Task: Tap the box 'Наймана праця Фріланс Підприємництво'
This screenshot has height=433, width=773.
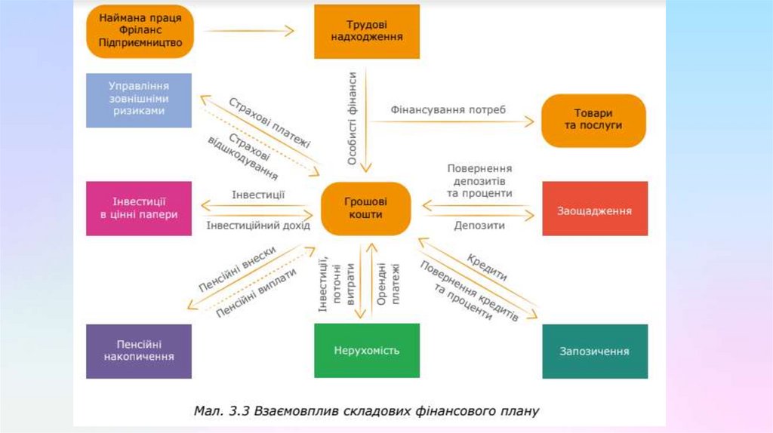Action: [x=140, y=32]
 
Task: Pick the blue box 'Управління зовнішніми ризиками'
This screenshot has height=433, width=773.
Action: [x=139, y=100]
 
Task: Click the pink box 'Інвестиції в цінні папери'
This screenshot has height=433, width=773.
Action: [x=139, y=208]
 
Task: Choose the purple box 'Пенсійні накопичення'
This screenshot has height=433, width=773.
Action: [x=139, y=351]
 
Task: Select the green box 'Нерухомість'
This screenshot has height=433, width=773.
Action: [x=367, y=350]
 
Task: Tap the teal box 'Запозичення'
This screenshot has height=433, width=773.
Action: [x=595, y=351]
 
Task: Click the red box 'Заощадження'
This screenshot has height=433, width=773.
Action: [x=595, y=209]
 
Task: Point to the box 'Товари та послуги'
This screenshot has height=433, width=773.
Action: [x=593, y=120]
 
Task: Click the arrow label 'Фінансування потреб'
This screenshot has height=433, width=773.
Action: [x=448, y=109]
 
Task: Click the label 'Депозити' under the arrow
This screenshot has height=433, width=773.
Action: [x=479, y=225]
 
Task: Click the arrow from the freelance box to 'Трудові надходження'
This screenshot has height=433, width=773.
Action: [x=249, y=31]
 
